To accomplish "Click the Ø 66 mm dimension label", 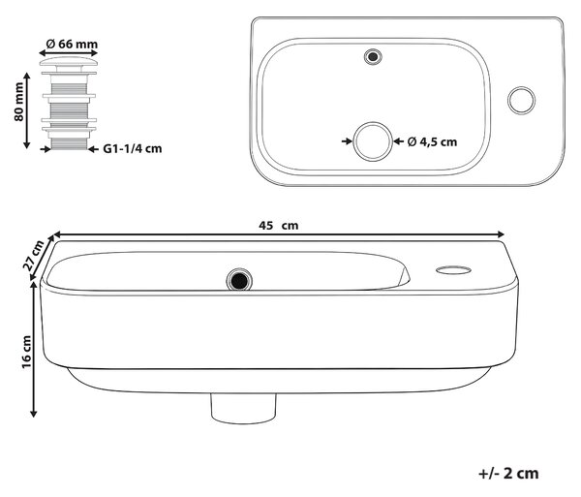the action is point(72,45).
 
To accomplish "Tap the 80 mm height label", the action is point(18,102).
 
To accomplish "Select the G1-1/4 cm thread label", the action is point(133,149).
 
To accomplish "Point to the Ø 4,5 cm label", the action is point(432,142).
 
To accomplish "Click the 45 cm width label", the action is point(278,226).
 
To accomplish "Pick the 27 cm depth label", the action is point(33,256).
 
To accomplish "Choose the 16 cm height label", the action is point(27,352).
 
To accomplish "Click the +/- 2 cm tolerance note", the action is point(508,474).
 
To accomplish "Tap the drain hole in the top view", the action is point(373,141).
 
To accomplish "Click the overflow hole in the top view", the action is point(373,57).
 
